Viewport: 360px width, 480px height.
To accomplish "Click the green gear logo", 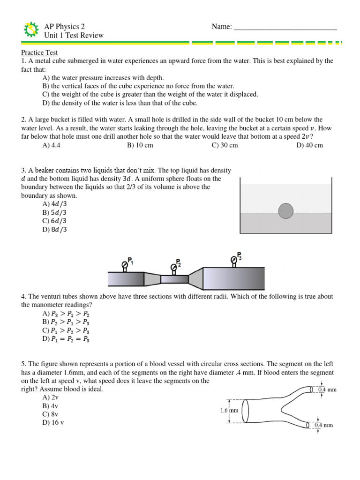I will [30, 30].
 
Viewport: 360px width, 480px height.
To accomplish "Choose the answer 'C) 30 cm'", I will [225, 145].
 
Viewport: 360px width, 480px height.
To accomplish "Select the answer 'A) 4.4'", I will [52, 145].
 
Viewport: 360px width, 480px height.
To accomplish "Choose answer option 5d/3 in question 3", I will [54, 212].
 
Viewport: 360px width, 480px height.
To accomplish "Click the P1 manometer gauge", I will [125, 265].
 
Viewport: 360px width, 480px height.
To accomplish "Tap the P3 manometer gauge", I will [234, 259].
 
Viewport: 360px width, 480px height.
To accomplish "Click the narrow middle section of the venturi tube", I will [174, 279].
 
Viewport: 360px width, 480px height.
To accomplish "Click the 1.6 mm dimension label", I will [229, 411].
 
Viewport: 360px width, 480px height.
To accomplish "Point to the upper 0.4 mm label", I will [328, 390].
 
